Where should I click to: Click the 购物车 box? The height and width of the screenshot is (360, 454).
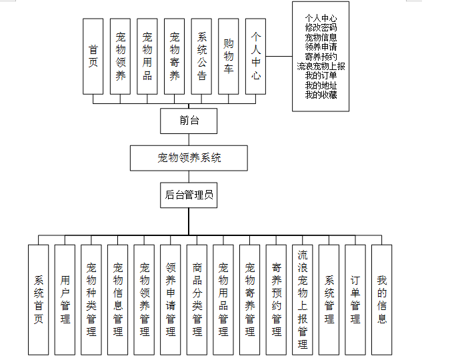click(x=229, y=56)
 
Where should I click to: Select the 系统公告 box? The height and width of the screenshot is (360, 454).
click(x=201, y=56)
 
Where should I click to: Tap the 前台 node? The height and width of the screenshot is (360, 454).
click(x=189, y=121)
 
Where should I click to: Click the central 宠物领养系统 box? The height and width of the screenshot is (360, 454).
click(x=189, y=158)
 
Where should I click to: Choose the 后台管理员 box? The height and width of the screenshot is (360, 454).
click(x=189, y=195)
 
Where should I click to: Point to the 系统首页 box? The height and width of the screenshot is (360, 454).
click(x=39, y=299)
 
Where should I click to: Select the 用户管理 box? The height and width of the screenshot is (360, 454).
click(x=65, y=299)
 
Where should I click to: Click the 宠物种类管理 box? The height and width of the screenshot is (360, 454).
click(x=91, y=299)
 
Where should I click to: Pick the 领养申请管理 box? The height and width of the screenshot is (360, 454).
click(x=171, y=299)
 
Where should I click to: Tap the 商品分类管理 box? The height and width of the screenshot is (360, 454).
click(x=197, y=299)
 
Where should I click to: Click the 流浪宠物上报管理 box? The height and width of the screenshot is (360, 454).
click(x=303, y=299)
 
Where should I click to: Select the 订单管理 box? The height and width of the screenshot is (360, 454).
click(x=355, y=299)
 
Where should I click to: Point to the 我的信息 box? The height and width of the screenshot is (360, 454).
click(x=381, y=299)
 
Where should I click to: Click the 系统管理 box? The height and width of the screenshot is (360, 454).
click(x=329, y=299)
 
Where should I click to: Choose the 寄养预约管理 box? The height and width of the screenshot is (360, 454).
click(x=276, y=299)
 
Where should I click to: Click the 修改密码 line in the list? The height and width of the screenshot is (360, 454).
click(x=321, y=28)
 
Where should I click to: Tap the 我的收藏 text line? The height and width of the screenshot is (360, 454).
click(x=321, y=95)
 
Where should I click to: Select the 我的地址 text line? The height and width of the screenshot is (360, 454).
click(x=321, y=85)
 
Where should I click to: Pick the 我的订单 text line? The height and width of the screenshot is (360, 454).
click(x=321, y=76)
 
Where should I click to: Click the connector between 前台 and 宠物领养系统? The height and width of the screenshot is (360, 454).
click(x=189, y=139)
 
